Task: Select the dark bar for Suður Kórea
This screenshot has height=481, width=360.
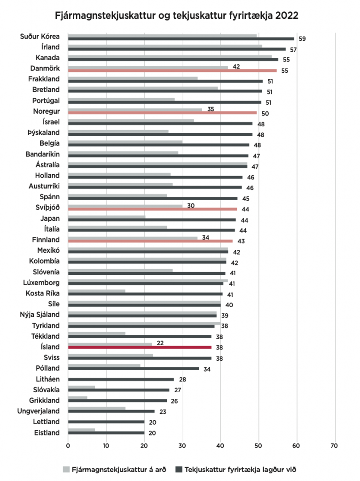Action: (181, 39)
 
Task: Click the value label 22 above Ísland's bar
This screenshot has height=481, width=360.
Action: (160, 343)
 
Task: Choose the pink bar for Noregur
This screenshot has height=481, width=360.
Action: (162, 113)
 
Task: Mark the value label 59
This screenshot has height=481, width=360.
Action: (302, 39)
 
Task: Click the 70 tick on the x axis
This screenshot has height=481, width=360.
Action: (335, 445)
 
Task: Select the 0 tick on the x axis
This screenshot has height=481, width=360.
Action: (68, 445)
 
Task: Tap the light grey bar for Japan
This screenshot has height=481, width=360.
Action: (107, 217)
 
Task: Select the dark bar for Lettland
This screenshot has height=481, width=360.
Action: (106, 422)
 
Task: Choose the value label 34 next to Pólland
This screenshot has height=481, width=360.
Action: (207, 369)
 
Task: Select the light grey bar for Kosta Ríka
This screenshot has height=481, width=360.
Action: (96, 291)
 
